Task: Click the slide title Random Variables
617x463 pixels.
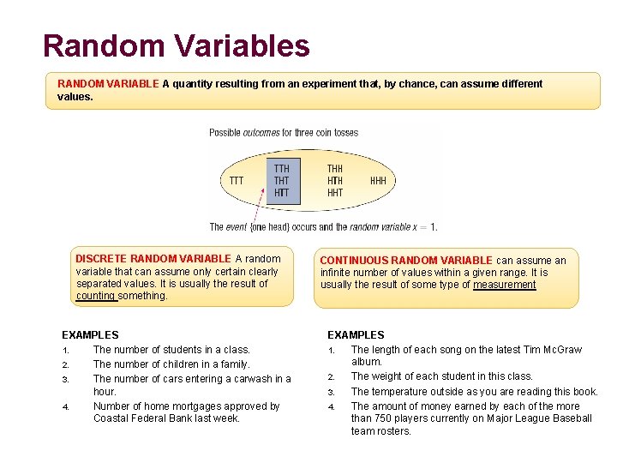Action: tap(176, 45)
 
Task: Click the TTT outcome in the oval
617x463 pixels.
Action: tap(237, 181)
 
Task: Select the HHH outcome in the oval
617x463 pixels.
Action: tap(378, 181)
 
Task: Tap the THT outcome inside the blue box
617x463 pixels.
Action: tap(282, 181)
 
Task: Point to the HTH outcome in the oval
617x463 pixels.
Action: tap(335, 181)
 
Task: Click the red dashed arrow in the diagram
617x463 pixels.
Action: tap(260, 210)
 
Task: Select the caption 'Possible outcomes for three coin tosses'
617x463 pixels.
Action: tap(284, 133)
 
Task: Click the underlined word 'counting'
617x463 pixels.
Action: tap(95, 296)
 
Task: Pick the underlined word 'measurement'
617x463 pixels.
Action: tap(504, 285)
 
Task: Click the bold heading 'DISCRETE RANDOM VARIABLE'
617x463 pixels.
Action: tap(153, 258)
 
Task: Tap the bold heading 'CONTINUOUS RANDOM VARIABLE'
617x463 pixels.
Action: tap(406, 261)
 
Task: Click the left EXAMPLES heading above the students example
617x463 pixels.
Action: tap(90, 335)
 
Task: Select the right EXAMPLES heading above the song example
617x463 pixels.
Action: tap(356, 335)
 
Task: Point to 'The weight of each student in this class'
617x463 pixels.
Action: tap(441, 376)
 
